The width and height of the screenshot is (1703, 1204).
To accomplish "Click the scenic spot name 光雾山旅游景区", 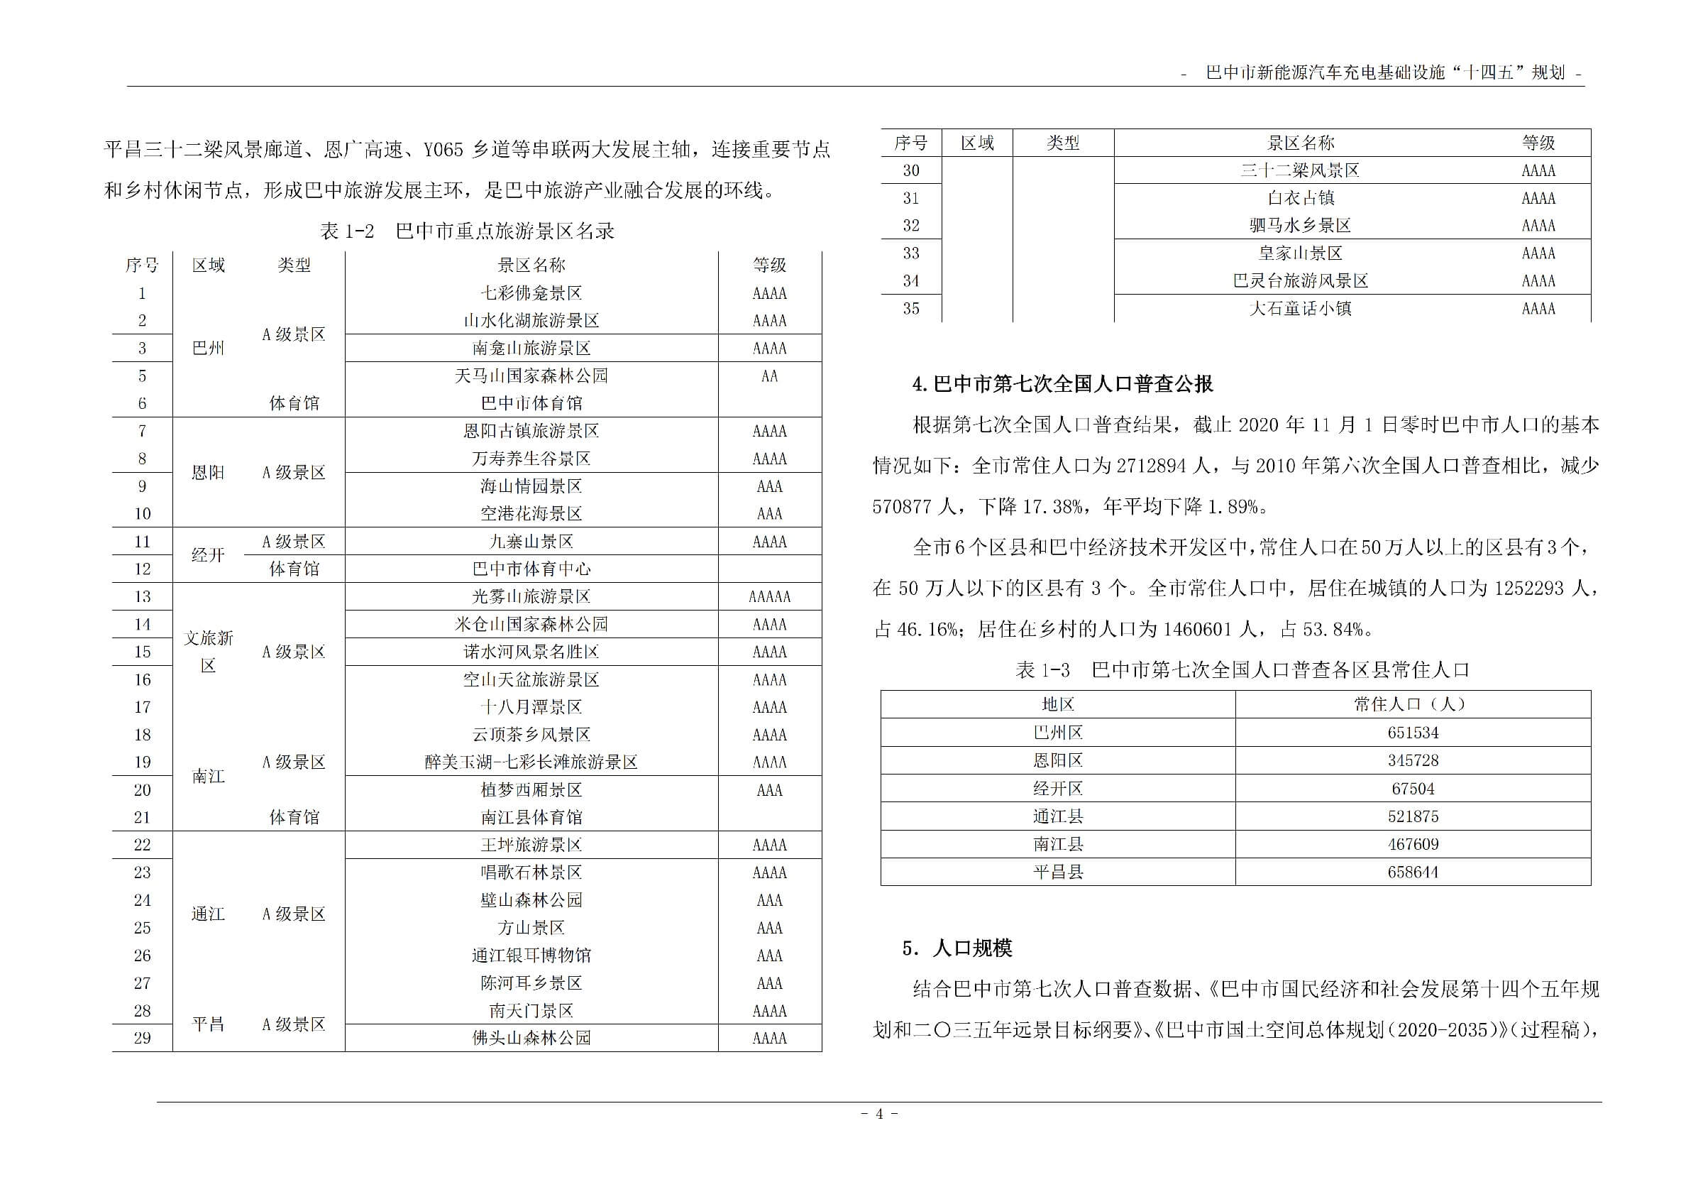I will tap(531, 596).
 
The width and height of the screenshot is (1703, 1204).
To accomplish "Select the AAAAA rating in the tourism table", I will tap(769, 596).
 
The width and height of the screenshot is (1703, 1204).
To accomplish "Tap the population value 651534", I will tap(1412, 733).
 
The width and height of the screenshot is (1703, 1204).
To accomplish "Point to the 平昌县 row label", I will tap(1058, 872).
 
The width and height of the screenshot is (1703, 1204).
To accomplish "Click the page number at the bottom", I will tap(879, 1114).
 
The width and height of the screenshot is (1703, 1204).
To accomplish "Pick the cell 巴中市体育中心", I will tap(531, 569).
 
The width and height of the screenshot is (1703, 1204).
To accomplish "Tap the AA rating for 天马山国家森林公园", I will tap(769, 376).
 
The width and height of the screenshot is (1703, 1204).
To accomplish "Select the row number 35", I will tap(911, 309).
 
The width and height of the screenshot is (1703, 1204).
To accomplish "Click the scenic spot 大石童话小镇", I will tap(1299, 309).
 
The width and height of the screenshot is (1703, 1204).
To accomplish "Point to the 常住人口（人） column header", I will tap(1412, 704).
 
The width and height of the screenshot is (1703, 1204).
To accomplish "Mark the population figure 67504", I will tap(1412, 789).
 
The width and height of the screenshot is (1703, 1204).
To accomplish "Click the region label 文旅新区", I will tap(209, 651).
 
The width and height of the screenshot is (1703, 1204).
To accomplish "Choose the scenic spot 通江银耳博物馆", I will tap(531, 956).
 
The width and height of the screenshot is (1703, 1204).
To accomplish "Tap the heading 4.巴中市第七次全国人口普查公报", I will tap(1062, 384).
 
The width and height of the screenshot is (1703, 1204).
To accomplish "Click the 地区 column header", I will tap(1058, 704).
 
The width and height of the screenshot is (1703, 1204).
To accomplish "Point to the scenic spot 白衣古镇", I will tap(1299, 198).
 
